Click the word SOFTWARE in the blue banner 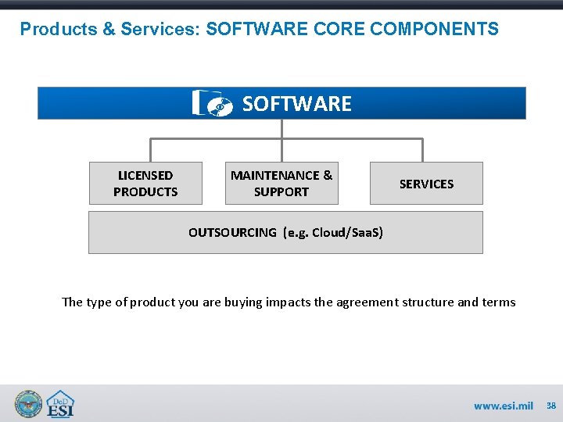coord(297,103)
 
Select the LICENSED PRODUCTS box coord(145,184)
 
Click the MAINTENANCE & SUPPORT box coord(281,184)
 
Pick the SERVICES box coord(426,184)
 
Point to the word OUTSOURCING coord(232,232)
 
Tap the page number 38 coord(551,406)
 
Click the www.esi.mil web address coord(503,406)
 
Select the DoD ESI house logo coord(60,403)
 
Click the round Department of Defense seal coord(28,403)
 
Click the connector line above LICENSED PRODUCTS coord(150,150)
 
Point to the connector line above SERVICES coord(423,150)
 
